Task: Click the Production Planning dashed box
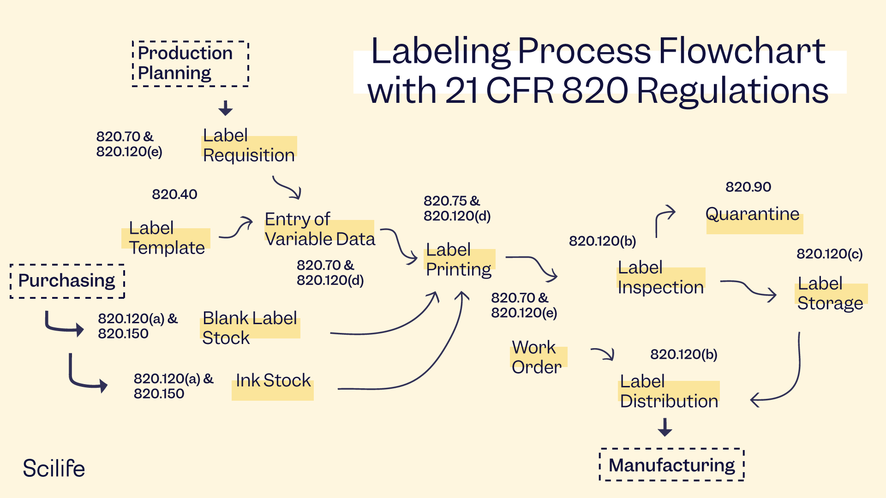190,64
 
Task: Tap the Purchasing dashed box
67,281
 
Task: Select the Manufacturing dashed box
671,465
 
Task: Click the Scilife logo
54,468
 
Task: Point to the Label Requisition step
249,146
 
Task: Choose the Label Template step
167,238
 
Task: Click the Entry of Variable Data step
320,229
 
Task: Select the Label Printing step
459,260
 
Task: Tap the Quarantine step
753,215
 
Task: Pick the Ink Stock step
273,381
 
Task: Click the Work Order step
537,357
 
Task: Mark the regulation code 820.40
174,194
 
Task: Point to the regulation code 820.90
748,187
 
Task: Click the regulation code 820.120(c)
829,254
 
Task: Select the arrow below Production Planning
225,108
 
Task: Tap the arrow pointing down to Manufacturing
665,427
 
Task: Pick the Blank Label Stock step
250,328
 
